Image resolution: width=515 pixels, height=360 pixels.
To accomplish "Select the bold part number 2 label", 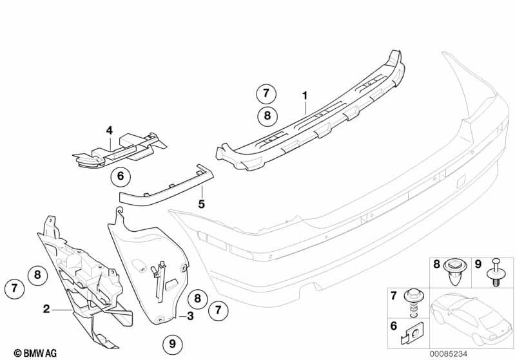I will click(x=46, y=309).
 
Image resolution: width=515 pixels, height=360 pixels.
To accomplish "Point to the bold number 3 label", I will click(x=190, y=316).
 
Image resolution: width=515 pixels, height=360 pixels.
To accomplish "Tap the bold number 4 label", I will click(x=110, y=131).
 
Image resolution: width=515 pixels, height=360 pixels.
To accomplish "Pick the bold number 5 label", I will click(x=201, y=204).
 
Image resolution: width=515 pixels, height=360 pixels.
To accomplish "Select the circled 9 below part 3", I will click(x=172, y=344).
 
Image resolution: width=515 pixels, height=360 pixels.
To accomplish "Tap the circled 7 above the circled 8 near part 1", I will click(x=265, y=93).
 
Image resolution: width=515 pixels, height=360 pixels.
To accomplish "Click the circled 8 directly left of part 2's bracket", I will click(x=38, y=275).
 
